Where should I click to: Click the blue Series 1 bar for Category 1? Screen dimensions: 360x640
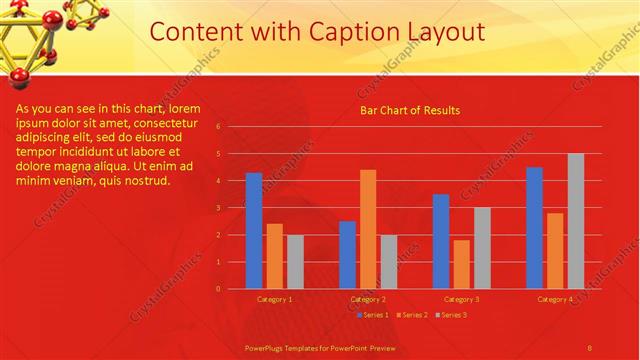coord(254,230)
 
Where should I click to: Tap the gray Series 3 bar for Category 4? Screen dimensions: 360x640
coord(575,221)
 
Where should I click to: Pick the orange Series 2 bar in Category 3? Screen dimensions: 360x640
coord(461,264)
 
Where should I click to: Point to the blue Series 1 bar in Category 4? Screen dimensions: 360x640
coord(535,228)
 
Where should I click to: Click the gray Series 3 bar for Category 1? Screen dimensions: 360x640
coord(295,262)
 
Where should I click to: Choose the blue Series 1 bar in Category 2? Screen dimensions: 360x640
coord(347,255)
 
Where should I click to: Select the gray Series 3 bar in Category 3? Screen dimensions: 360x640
coord(482,248)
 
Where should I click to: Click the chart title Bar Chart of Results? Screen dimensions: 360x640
coord(410,110)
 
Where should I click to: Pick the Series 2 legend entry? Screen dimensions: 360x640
coord(411,315)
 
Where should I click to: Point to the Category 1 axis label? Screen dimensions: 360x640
coord(275,299)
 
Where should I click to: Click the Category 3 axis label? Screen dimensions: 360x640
coord(461,299)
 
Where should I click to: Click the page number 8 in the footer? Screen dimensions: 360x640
coord(590,347)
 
